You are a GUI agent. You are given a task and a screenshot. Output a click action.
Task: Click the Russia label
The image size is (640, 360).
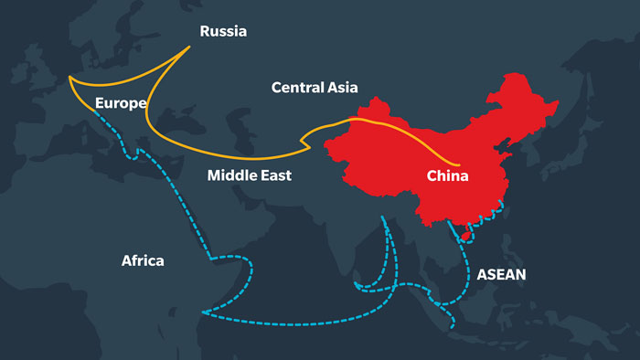[223, 31]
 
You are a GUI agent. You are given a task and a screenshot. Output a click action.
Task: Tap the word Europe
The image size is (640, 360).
[120, 103]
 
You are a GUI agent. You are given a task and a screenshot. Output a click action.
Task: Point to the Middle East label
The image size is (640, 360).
[249, 175]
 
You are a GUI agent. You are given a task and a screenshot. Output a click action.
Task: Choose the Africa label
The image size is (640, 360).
[143, 261]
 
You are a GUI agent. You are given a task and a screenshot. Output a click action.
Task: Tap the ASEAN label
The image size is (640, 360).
[501, 273]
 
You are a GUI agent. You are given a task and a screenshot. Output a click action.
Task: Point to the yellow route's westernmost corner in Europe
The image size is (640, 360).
[69, 79]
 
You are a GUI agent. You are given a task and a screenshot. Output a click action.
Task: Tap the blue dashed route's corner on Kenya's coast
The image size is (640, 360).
[203, 314]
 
